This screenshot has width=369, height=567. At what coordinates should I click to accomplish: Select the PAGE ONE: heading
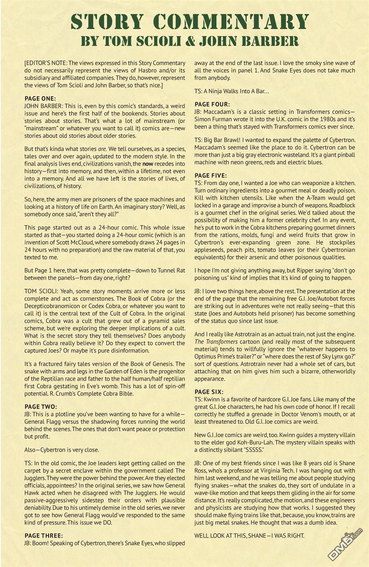40,99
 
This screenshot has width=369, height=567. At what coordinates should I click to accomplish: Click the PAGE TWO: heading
41,407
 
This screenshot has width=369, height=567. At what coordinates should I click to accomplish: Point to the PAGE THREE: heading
44,536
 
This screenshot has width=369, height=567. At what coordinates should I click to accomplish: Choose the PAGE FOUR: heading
212,105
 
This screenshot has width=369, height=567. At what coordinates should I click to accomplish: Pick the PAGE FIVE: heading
211,176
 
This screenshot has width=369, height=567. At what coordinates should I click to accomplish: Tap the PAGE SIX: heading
209,392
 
